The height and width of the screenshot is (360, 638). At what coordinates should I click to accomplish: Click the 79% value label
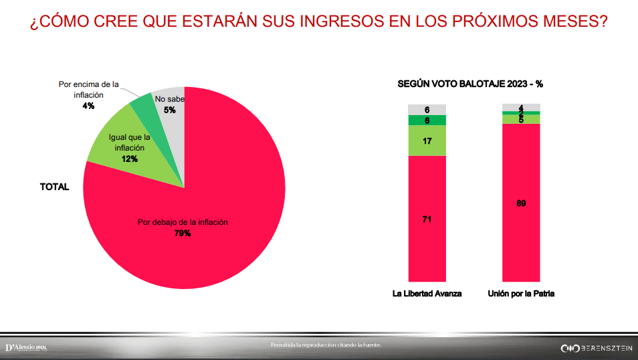point(183,234)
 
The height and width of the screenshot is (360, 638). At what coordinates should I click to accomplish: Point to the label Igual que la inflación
point(130,141)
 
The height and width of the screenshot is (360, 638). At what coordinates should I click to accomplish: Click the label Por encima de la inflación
point(89,90)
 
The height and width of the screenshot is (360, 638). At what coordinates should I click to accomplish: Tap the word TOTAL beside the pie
point(55,187)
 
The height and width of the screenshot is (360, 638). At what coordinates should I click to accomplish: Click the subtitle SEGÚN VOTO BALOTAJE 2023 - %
point(470,84)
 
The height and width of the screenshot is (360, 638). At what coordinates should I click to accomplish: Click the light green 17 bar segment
point(427,141)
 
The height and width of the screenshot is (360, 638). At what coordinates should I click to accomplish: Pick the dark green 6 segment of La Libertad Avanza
point(427,120)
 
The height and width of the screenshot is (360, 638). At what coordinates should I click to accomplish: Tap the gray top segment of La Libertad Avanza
point(427,110)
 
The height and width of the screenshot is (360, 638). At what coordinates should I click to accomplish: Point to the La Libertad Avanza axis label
point(427,294)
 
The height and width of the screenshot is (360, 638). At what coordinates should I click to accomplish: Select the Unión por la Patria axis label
point(521,294)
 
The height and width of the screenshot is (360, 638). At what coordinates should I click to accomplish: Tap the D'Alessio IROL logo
point(26,347)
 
